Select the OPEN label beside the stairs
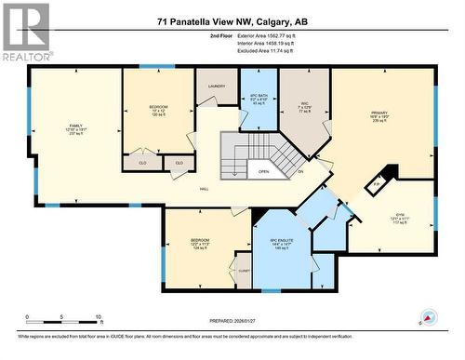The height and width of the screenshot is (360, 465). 264,171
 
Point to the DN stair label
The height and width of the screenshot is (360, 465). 300,171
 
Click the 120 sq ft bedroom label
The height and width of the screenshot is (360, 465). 159,112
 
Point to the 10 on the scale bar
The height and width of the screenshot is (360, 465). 98,316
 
